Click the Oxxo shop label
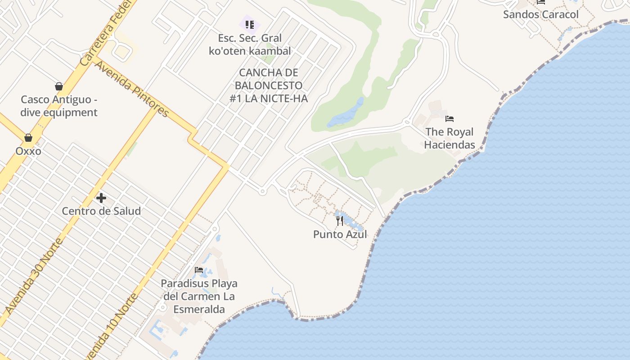[28, 151]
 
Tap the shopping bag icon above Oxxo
[28, 137]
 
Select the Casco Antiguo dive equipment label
[59, 106]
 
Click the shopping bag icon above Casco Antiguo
[59, 86]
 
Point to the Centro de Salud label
[101, 211]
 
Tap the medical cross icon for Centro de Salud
[101, 198]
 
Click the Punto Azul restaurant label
[340, 234]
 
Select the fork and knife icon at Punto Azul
[340, 221]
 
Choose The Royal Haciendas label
[450, 138]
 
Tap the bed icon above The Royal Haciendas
[450, 119]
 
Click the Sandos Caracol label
[541, 14]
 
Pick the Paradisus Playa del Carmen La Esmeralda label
[199, 297]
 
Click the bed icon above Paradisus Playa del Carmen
[199, 270]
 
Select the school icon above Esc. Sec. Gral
[249, 24]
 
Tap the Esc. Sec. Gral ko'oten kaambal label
[250, 45]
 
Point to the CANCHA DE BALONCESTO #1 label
[269, 85]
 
